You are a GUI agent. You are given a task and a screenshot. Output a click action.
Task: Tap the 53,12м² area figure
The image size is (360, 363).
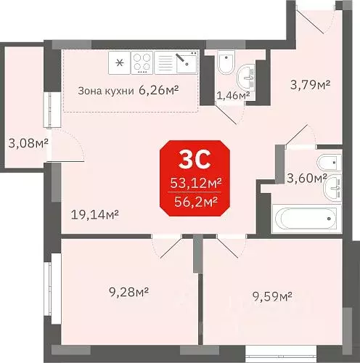point(195,183)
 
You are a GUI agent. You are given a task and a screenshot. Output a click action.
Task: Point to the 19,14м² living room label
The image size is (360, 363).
point(95,213)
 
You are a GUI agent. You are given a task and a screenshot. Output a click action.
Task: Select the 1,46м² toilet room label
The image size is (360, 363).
point(234,94)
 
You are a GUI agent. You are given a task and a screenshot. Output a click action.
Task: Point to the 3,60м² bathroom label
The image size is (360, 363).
point(307,176)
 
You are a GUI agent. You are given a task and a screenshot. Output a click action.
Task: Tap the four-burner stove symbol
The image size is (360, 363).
point(142,62)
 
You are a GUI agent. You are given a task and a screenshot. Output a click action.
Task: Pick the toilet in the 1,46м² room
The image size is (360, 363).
point(225,65)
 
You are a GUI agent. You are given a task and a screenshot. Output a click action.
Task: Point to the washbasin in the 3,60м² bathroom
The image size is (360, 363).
point(335,188)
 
